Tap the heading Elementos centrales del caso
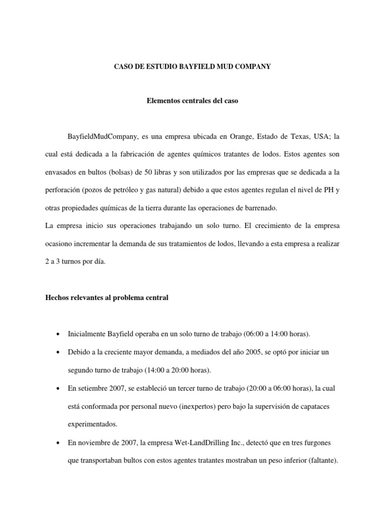point(192,101)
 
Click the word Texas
point(301,136)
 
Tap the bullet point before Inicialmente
point(60,334)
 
